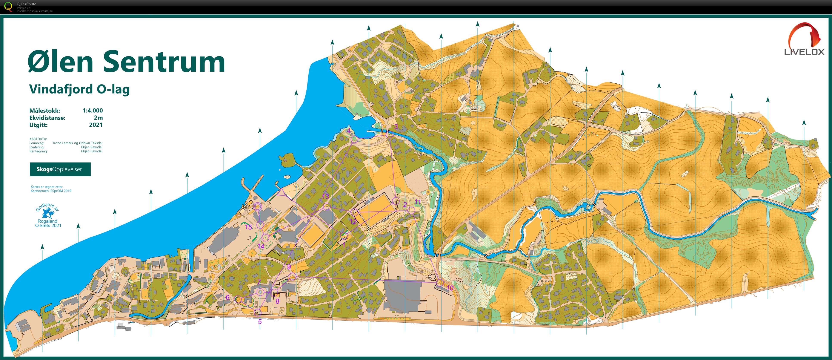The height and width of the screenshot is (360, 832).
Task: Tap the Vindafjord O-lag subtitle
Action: click(79, 89)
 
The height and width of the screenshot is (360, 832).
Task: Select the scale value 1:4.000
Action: click(92, 110)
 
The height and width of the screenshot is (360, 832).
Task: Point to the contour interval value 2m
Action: click(98, 118)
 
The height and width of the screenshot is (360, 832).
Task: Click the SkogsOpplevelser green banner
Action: click(60, 169)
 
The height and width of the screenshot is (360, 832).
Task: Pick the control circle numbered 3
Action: click(390, 135)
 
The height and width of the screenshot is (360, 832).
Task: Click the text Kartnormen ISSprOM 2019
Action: click(51, 191)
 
